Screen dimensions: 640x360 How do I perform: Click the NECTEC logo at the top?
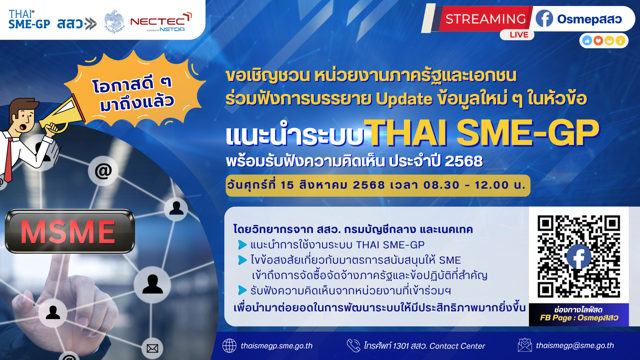point(161,22)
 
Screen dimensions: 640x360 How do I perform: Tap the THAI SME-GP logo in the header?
point(29,19)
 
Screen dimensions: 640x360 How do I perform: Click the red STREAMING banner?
point(485,19)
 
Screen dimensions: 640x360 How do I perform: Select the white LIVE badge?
point(517,35)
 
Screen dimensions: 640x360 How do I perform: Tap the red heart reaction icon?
point(598,41)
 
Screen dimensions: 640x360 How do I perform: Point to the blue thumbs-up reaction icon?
point(587,41)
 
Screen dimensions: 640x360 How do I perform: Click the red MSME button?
point(70,231)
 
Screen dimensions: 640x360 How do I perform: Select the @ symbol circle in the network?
point(103,171)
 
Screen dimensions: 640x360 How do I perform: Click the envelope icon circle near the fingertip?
point(152,348)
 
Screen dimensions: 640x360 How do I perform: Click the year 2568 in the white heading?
point(464,161)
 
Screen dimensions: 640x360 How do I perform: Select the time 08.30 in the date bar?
point(441,185)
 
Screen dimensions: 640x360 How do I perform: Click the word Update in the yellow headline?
point(404,99)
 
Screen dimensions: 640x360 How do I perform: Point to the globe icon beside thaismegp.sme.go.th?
point(229,346)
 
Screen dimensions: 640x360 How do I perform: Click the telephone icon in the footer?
point(353,346)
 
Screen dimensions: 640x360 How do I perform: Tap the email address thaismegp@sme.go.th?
point(575,346)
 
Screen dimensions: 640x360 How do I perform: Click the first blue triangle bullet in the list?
point(242,245)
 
